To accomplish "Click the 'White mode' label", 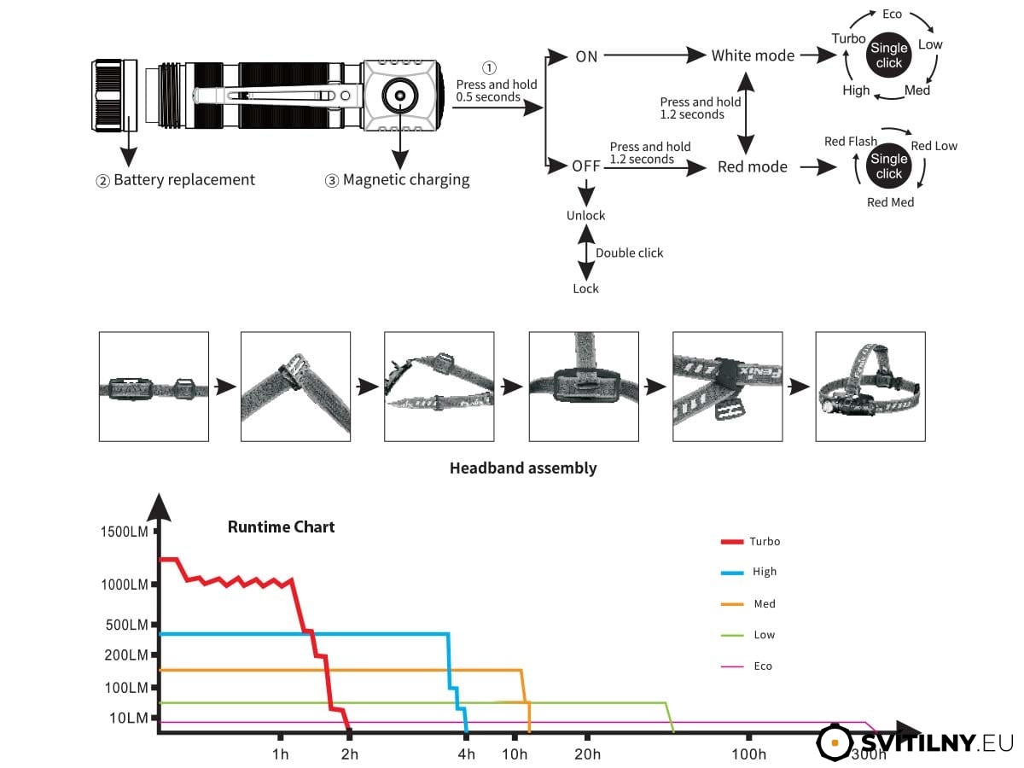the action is tap(753, 55).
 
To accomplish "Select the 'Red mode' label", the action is tap(752, 166).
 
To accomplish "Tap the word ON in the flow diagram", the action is tap(586, 56).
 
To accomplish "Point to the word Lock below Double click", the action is tap(585, 288).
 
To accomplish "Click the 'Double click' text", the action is tap(629, 253).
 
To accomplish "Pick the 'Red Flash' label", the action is tap(851, 142).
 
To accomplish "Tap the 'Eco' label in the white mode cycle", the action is tap(892, 14).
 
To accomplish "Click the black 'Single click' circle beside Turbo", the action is tap(888, 55).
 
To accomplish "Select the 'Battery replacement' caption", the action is tap(184, 179).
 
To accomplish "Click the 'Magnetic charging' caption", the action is tap(406, 179).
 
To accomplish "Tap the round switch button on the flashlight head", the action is tap(400, 96).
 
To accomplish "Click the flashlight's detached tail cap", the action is tap(114, 95).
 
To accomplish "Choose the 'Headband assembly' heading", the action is tap(523, 468).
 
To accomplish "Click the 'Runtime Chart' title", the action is tap(281, 527).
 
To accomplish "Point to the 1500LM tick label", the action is tap(124, 532).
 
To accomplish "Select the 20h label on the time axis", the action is tap(587, 754).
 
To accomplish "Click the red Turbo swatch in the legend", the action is tap(732, 542).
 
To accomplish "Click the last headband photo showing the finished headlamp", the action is tap(870, 387).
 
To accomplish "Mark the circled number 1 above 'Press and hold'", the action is tap(489, 68).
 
